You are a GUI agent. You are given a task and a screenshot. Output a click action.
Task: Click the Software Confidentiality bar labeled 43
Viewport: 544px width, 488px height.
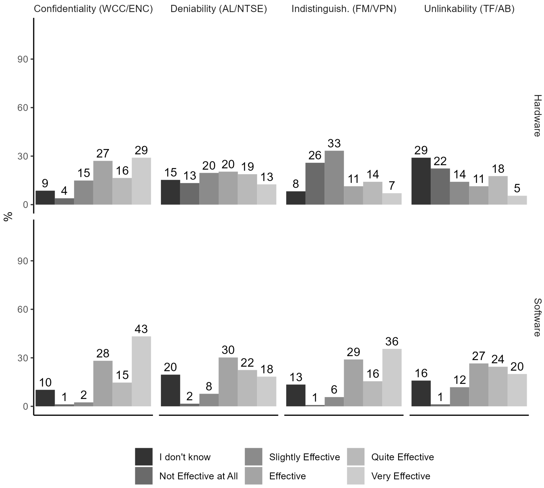point(141,371)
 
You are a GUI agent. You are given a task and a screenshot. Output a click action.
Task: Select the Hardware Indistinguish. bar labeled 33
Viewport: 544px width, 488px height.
point(334,178)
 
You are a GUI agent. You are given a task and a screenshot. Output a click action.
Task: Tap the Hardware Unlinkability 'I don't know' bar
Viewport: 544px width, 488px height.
point(421,181)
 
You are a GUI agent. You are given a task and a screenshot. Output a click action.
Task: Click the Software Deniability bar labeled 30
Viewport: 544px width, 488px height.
point(228,382)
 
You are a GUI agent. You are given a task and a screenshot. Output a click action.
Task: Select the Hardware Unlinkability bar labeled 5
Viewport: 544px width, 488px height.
point(517,200)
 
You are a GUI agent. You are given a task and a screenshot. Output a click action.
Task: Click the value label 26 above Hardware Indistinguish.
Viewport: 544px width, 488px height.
point(315,155)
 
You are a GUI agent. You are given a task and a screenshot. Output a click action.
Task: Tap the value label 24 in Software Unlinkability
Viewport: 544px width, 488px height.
point(498,359)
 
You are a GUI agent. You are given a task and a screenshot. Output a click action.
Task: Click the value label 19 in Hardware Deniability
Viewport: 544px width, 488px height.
point(247,167)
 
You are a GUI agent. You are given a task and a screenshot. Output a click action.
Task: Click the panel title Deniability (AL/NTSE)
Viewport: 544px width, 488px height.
point(219,9)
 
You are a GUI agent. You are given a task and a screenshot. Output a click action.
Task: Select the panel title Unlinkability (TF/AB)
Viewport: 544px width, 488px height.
point(469,9)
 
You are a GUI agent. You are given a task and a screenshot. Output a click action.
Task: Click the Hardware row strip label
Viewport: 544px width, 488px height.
point(537,116)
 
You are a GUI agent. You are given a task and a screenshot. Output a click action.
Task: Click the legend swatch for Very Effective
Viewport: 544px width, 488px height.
point(355,476)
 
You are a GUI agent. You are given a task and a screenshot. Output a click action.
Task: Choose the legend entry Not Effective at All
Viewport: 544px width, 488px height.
point(198,476)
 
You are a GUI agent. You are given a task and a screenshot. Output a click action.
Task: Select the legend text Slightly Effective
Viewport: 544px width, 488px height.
point(304,457)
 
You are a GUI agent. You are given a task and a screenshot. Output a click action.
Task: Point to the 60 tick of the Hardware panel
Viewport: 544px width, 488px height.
point(23,108)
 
